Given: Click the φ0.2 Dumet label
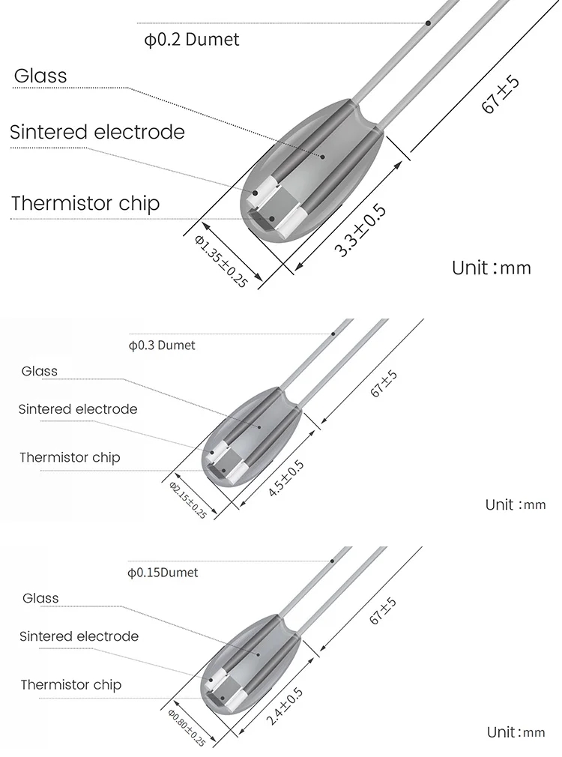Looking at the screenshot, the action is click(x=192, y=40).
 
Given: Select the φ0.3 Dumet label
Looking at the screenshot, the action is click(x=162, y=346).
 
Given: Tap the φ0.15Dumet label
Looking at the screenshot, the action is click(x=163, y=573).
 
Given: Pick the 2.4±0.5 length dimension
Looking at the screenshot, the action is click(x=285, y=706).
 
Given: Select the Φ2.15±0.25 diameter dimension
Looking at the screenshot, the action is click(x=188, y=501).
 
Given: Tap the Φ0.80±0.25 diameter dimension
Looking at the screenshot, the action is click(x=187, y=727).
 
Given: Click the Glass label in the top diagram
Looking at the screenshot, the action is click(x=40, y=76).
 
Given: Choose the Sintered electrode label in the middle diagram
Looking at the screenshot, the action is click(x=78, y=409).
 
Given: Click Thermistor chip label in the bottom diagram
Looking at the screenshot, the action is click(x=70, y=684).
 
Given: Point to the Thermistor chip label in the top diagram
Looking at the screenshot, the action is click(x=85, y=203).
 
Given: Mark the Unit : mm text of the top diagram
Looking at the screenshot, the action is click(x=491, y=268).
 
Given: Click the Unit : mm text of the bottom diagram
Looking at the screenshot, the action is click(x=516, y=732).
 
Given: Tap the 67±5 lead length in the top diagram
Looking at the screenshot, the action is click(x=500, y=94).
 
